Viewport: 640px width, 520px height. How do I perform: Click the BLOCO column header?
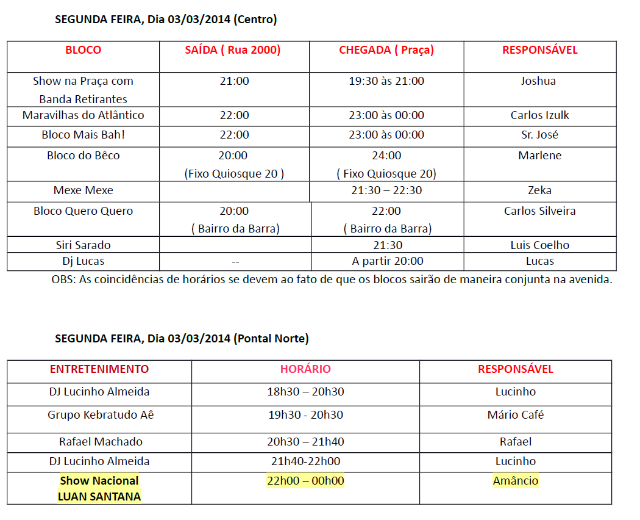click(83, 50)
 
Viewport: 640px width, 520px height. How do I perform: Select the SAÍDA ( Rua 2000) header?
click(233, 50)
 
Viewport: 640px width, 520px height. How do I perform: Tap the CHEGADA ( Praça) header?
click(386, 50)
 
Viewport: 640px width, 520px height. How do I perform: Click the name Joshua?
click(538, 81)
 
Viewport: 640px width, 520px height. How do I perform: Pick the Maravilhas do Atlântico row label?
click(83, 115)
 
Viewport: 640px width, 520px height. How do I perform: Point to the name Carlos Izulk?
click(540, 115)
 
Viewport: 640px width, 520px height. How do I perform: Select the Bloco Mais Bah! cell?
click(83, 135)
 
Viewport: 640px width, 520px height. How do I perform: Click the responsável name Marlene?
click(540, 156)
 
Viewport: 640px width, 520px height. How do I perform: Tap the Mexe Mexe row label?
click(83, 190)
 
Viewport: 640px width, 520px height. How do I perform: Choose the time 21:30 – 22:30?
click(386, 190)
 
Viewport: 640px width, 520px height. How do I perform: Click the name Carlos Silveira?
click(540, 211)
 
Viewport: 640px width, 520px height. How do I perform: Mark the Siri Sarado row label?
click(83, 245)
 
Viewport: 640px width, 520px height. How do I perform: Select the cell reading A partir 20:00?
click(388, 261)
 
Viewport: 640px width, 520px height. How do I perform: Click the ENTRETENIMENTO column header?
click(99, 369)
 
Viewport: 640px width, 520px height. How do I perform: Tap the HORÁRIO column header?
click(305, 369)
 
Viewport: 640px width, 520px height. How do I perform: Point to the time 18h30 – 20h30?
click(305, 392)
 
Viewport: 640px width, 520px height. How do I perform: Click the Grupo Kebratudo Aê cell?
click(101, 415)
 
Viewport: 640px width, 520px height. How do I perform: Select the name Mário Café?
click(516, 415)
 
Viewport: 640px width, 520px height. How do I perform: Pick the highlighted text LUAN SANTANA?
click(99, 496)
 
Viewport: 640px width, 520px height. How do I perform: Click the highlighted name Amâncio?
click(516, 481)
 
